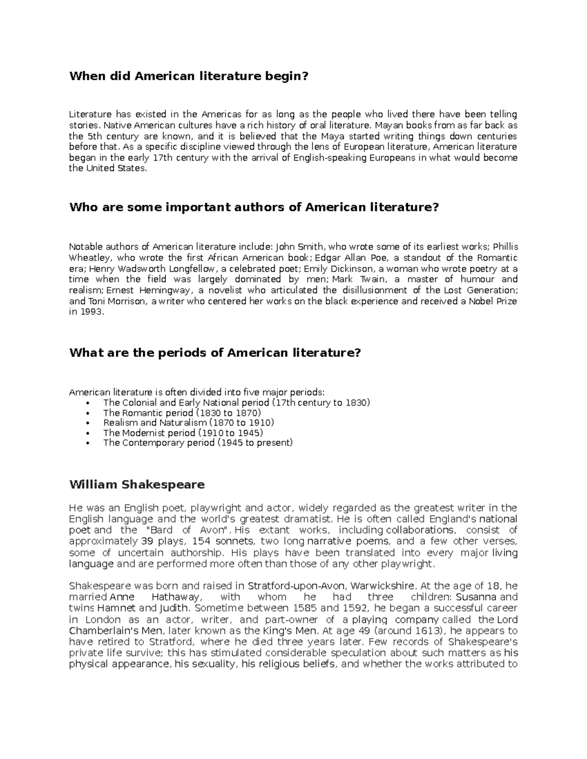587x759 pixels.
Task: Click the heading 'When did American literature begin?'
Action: (x=189, y=76)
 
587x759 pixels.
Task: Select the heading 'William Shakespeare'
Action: (x=137, y=485)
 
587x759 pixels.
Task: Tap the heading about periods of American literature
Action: (x=215, y=352)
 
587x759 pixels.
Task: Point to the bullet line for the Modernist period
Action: (x=183, y=433)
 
